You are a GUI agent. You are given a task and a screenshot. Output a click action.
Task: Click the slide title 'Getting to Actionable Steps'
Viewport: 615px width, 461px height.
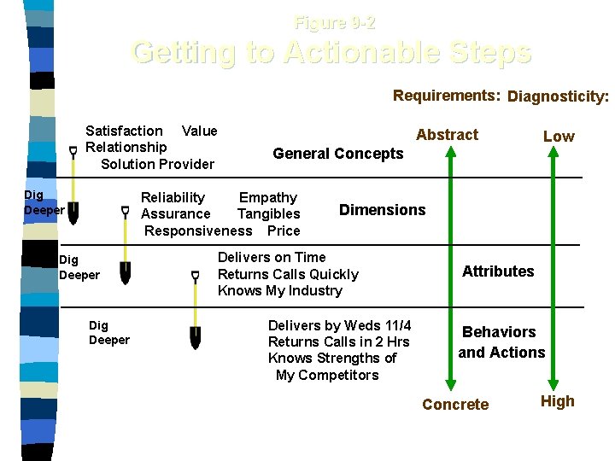(331, 53)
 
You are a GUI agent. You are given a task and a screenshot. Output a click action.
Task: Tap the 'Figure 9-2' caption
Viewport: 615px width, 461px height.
(335, 23)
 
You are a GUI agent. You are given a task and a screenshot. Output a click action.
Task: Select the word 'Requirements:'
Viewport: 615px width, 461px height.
(446, 96)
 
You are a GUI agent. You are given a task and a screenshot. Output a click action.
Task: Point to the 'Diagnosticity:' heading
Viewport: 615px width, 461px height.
(558, 96)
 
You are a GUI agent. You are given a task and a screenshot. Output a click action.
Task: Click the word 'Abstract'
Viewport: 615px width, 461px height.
(447, 135)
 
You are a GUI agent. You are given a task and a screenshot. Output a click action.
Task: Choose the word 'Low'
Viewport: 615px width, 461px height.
(559, 137)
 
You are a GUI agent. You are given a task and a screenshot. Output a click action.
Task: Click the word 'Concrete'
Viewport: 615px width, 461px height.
(455, 405)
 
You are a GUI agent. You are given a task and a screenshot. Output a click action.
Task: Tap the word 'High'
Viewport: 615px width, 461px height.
(558, 401)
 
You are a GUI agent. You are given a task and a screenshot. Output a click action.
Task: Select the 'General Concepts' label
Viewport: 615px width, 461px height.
(337, 154)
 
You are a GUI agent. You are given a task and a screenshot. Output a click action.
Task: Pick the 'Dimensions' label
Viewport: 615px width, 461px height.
(382, 210)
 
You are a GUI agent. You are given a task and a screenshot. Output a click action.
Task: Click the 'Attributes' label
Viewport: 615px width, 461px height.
(498, 271)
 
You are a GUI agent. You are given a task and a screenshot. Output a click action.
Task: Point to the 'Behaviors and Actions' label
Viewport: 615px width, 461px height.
(501, 342)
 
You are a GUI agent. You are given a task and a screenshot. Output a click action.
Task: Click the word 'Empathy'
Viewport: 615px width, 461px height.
(268, 198)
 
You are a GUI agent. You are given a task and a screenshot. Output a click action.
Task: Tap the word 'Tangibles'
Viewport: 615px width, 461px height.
(268, 214)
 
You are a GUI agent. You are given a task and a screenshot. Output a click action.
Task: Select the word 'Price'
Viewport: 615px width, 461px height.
(284, 230)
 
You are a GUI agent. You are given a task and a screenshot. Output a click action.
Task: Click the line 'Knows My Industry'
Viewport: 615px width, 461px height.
(279, 291)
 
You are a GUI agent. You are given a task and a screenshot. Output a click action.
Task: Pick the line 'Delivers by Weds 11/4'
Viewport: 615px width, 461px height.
(339, 326)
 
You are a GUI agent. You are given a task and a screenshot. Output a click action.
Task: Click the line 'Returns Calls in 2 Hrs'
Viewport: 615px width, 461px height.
(338, 342)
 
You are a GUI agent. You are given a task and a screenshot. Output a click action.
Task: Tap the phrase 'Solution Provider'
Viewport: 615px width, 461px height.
(157, 164)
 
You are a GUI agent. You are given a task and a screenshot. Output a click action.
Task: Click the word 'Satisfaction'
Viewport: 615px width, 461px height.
(124, 131)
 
